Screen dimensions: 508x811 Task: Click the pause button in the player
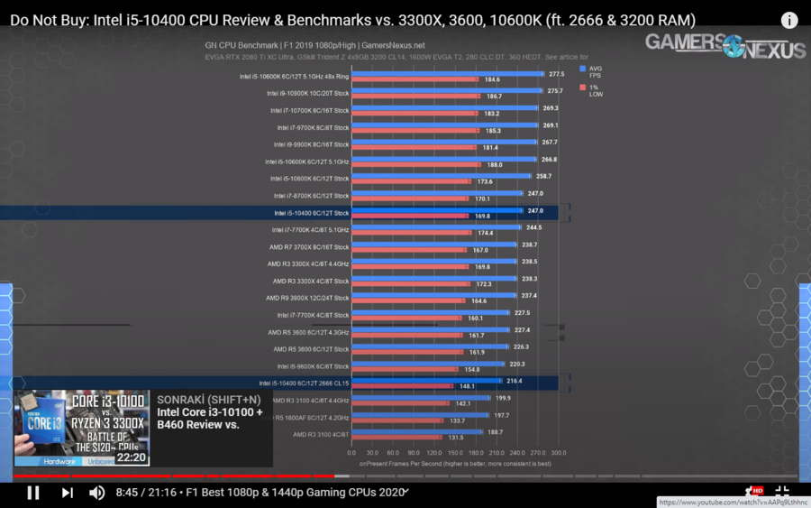[33, 493]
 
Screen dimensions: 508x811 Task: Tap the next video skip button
[67, 493]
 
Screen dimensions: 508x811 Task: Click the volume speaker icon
[97, 493]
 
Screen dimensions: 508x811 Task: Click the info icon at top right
[789, 20]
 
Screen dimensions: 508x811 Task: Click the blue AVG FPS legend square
[584, 69]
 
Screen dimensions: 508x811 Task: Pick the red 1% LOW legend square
[584, 88]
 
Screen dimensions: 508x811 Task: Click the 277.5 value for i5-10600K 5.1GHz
[556, 74]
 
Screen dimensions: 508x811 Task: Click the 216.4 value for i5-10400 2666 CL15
[515, 382]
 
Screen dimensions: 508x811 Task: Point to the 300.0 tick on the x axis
[559, 452]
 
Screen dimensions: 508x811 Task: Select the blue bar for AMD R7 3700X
[433, 245]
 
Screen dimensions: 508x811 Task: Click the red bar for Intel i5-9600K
[405, 370]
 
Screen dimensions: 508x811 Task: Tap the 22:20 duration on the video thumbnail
[132, 458]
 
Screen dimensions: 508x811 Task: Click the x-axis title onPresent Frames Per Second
[455, 463]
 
